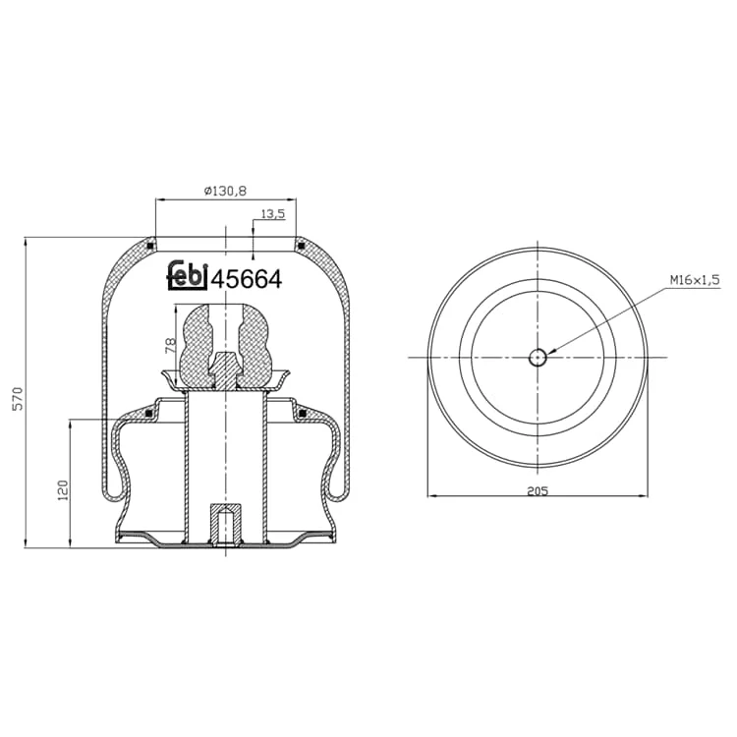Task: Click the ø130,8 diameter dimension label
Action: click(x=225, y=191)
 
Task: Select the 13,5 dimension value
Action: click(x=273, y=214)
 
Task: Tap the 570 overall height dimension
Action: click(x=18, y=399)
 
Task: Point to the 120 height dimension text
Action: click(x=63, y=490)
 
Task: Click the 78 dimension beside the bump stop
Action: click(x=171, y=346)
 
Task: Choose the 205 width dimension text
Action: click(x=538, y=491)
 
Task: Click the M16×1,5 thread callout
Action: click(x=695, y=280)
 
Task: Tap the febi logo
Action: click(x=188, y=275)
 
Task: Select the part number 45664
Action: click(x=248, y=280)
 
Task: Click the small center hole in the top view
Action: click(x=538, y=358)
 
